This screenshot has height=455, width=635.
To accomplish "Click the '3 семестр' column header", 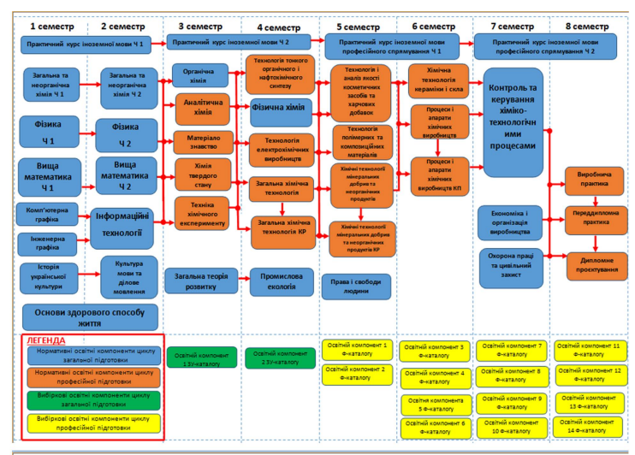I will [199, 26].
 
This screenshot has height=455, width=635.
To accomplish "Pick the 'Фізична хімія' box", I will [280, 109].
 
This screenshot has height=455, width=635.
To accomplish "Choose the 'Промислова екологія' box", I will [279, 281].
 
